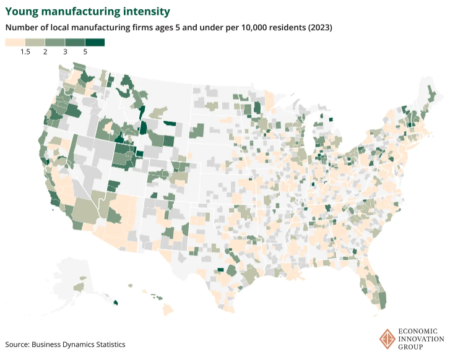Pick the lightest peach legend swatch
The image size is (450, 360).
point(15,42)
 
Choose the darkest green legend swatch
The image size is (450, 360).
point(95,42)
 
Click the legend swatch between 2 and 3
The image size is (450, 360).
point(55,42)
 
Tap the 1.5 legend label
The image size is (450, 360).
point(25,53)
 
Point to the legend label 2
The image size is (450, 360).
point(45,53)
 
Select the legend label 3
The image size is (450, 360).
point(65,53)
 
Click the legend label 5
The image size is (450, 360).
point(85,53)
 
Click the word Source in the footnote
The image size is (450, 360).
point(17,344)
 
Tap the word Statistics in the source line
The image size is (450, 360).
point(107,344)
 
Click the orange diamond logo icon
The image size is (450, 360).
point(387,338)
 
